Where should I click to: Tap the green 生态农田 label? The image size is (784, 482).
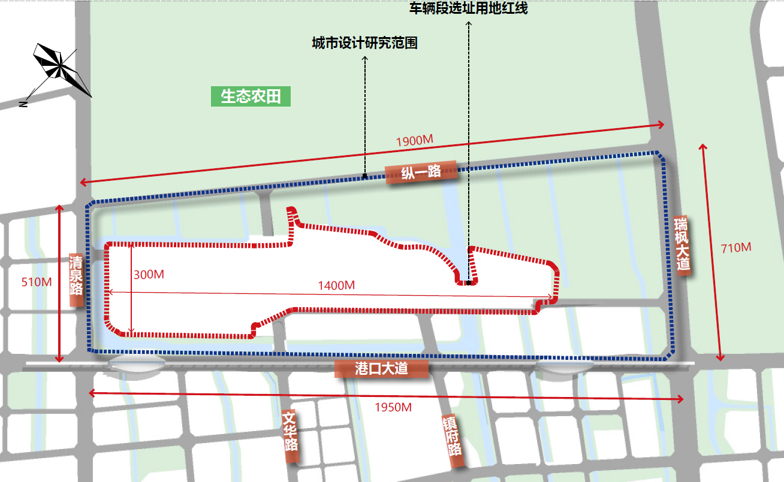[x=251, y=96]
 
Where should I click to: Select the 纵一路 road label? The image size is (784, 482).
[x=421, y=172]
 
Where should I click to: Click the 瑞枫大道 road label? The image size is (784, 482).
[x=682, y=245]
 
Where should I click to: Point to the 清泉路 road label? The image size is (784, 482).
[x=76, y=279]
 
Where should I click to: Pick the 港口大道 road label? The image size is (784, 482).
[x=382, y=368]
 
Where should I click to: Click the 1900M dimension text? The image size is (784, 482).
[x=414, y=141]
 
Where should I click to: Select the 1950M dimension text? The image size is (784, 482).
[x=393, y=407]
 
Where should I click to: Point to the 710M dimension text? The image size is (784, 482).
[x=735, y=248]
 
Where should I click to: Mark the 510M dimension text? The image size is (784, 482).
[x=37, y=282]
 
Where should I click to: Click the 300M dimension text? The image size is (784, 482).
[x=149, y=275]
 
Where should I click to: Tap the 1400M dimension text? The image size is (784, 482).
[x=336, y=286]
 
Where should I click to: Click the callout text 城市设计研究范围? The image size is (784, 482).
[x=364, y=43]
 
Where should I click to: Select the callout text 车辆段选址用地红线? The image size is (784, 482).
[x=468, y=9]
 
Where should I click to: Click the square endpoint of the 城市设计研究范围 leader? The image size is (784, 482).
[x=365, y=176]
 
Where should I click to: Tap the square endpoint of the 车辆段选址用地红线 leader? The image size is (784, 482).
[x=469, y=283]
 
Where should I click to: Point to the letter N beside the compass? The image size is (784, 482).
[x=23, y=104]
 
